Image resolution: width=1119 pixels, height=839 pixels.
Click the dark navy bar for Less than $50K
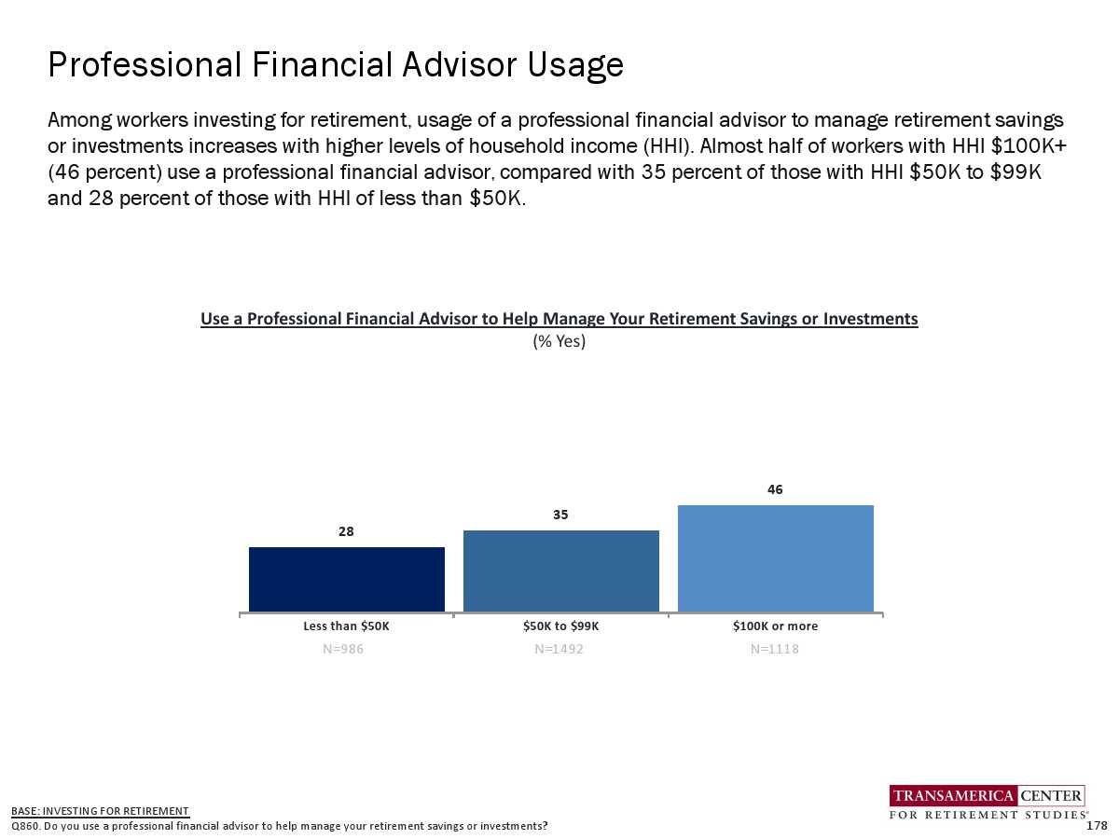coord(347,579)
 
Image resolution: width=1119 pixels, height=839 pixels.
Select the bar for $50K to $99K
coord(560,571)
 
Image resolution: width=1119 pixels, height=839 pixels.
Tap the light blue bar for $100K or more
coord(776,558)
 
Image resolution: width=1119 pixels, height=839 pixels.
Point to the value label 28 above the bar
coord(346,531)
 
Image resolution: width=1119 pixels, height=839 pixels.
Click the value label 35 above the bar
coord(560,515)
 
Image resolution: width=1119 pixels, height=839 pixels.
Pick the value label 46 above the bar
coord(775,489)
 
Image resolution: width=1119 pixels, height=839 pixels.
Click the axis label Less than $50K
coord(346,626)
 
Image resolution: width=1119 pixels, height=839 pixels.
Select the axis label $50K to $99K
coord(560,626)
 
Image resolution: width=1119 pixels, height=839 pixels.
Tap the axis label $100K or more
coord(776,626)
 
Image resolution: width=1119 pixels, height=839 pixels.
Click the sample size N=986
coord(343,649)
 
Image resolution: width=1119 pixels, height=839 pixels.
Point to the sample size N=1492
coord(559,649)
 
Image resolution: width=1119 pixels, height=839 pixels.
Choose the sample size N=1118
coord(774,649)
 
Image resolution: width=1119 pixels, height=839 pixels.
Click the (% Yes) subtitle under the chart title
coord(559,341)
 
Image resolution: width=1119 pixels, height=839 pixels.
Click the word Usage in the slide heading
coord(575,66)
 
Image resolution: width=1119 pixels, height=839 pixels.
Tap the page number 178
coord(1097,826)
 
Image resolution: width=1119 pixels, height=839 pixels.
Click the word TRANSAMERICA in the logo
coord(953,796)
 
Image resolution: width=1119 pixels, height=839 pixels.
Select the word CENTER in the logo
coord(1051,796)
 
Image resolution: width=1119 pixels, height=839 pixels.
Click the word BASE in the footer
coord(23,811)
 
